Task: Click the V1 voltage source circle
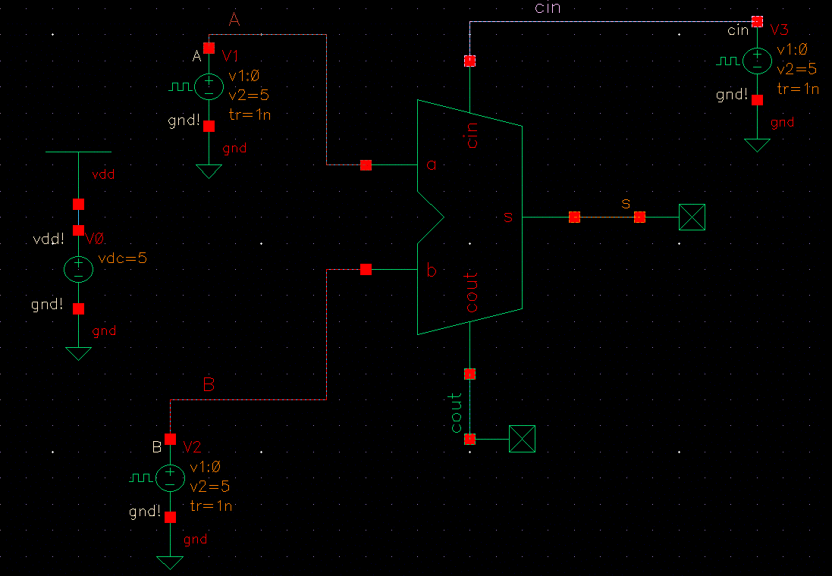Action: [x=209, y=87]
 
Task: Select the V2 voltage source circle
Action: [x=170, y=477]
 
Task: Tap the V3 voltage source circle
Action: [x=756, y=61]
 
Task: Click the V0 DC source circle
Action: [x=78, y=269]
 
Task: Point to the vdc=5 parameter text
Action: [x=122, y=258]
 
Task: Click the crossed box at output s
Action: [x=692, y=218]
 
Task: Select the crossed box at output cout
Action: [x=522, y=439]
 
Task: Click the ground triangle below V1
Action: [x=209, y=171]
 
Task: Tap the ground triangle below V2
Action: [x=170, y=562]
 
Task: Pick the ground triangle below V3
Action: [x=756, y=145]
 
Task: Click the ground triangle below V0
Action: [x=78, y=353]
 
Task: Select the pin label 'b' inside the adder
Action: [x=432, y=270]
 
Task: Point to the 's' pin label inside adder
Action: [x=508, y=218]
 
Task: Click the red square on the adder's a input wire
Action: [x=366, y=164]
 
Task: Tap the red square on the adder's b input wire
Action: [x=366, y=269]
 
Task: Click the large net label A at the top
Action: [x=234, y=21]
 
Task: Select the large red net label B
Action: [x=209, y=385]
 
